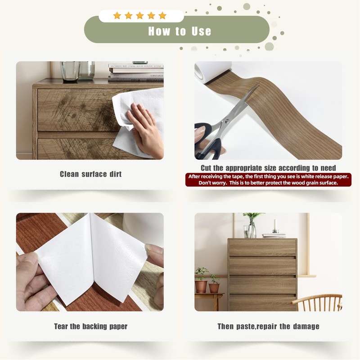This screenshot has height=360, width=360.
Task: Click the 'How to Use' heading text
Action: [180, 31]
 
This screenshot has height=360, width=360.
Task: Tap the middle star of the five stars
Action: [140, 16]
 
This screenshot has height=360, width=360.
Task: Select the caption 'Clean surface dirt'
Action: [91, 174]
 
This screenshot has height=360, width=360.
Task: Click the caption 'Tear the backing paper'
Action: [91, 326]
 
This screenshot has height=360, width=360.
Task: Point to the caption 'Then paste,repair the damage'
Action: [268, 326]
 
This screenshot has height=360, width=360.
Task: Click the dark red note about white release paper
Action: [268, 180]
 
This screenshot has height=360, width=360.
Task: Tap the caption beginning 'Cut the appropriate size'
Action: [268, 168]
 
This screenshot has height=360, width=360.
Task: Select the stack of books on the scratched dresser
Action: [136, 72]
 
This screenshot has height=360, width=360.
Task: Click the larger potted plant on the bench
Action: [201, 280]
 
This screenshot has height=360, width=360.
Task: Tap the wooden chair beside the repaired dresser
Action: [317, 302]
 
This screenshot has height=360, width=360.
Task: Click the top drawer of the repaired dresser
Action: [262, 247]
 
